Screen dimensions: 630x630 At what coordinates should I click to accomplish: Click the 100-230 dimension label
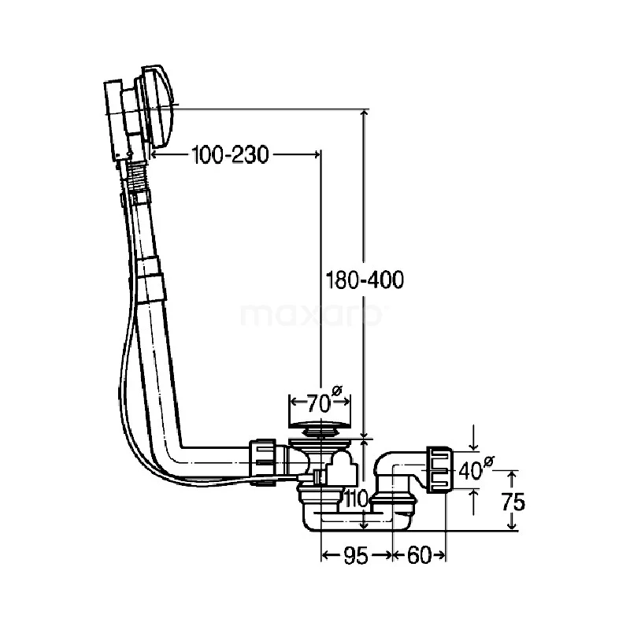[230, 154]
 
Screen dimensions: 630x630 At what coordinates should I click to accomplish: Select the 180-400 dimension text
[365, 280]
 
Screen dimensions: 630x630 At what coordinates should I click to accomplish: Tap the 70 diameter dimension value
[318, 403]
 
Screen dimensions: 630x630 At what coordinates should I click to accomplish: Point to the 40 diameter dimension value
[469, 470]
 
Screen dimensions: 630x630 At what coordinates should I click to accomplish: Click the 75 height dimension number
[513, 502]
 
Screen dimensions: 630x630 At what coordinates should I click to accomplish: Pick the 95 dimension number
[356, 556]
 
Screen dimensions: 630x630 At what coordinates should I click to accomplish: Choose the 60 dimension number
[419, 556]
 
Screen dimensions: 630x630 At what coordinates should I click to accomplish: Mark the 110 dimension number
[356, 499]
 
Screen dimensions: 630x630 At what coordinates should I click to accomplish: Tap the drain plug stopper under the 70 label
[321, 426]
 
